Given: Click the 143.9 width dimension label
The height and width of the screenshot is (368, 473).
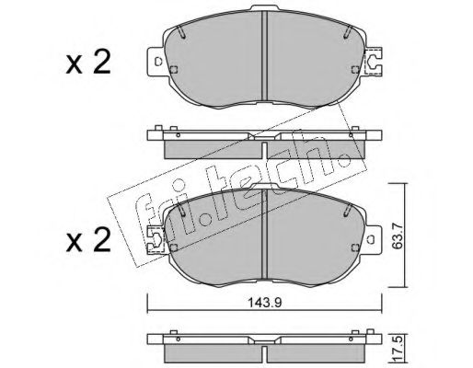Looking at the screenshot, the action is (x=264, y=303).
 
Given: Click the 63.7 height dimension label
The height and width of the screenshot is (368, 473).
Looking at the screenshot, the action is (x=398, y=236).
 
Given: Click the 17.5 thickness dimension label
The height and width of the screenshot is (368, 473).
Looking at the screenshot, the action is (x=398, y=351).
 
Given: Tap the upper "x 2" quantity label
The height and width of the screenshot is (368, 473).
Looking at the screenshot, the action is (x=88, y=63).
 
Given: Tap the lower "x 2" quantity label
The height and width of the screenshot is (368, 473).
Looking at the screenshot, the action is (x=88, y=240).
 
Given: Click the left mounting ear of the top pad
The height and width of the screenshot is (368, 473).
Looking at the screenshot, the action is (x=156, y=62).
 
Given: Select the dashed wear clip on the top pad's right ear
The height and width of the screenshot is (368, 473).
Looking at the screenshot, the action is (x=374, y=61).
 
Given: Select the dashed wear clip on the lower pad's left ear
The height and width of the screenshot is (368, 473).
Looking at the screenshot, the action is (x=156, y=239).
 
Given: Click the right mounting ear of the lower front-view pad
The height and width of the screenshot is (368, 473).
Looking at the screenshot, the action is (x=373, y=239).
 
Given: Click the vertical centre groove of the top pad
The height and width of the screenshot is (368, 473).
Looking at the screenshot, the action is (x=264, y=56).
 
